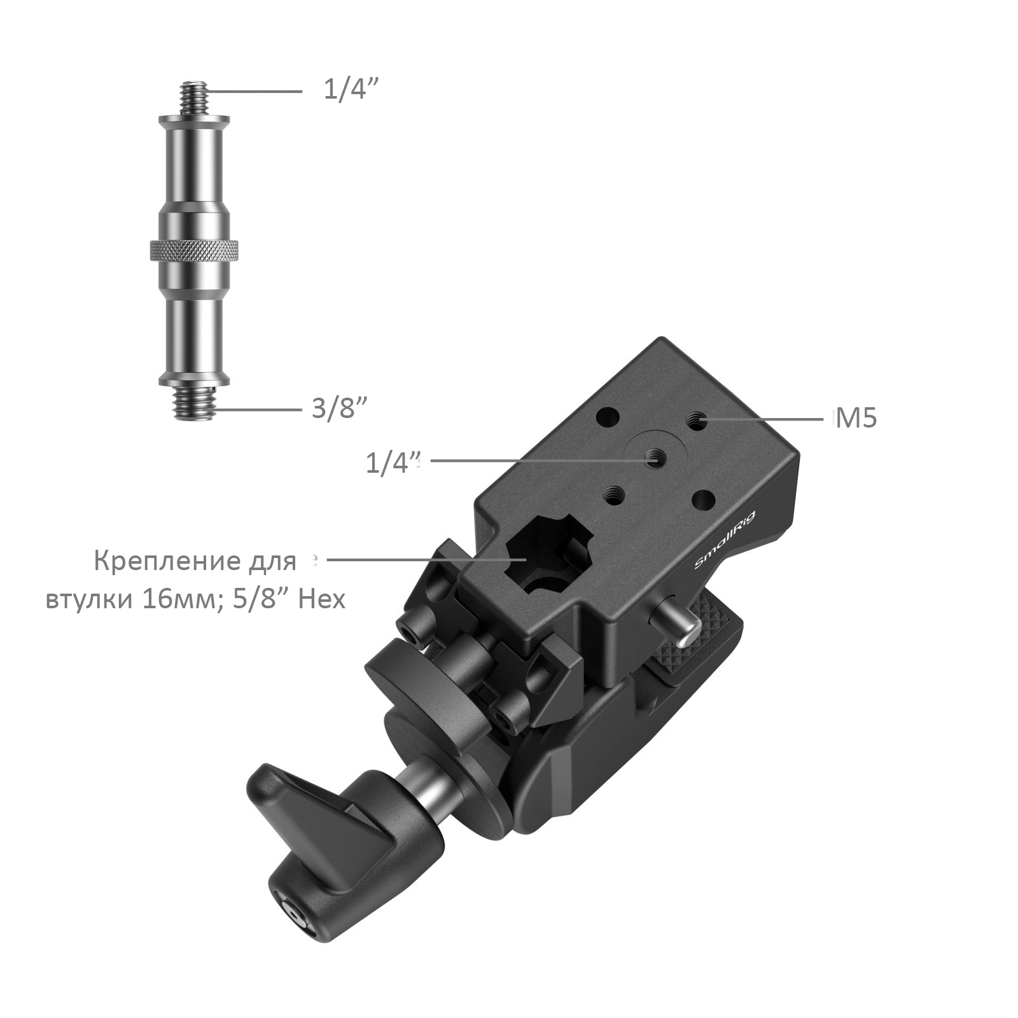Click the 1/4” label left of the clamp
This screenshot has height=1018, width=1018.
pos(393,463)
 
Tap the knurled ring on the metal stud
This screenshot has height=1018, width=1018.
pos(195,251)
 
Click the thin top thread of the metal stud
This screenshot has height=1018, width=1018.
pos(195,97)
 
